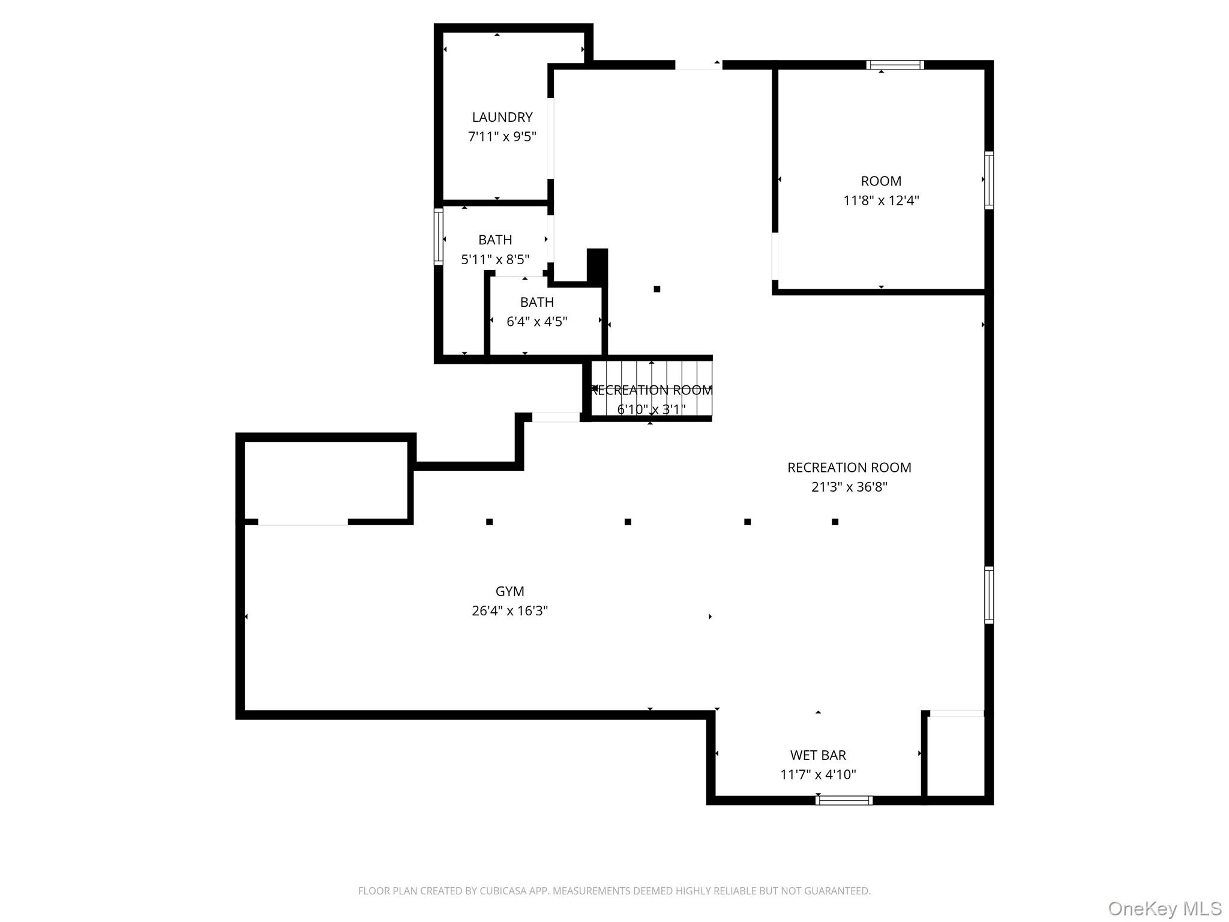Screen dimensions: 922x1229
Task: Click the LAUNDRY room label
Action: pyautogui.click(x=502, y=117)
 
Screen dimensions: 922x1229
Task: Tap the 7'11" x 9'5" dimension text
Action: pyautogui.click(x=502, y=137)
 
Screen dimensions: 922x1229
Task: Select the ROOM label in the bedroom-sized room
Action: pyautogui.click(x=880, y=181)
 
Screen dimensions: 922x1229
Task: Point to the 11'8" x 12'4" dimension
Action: pyautogui.click(x=880, y=200)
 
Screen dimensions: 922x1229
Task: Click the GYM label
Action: pyautogui.click(x=509, y=591)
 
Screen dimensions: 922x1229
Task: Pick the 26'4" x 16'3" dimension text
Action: pyautogui.click(x=509, y=611)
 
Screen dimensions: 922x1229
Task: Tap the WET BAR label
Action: pyautogui.click(x=817, y=755)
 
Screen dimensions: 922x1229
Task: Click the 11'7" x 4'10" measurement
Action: pyautogui.click(x=817, y=775)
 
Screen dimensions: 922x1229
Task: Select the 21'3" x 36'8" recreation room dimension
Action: pyautogui.click(x=849, y=487)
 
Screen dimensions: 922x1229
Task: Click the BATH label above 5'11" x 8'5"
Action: pyautogui.click(x=495, y=240)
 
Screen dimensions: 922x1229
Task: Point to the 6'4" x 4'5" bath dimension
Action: pyautogui.click(x=536, y=322)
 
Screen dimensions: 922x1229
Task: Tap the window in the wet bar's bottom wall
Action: pyautogui.click(x=844, y=800)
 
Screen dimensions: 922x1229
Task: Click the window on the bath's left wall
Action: pyautogui.click(x=439, y=237)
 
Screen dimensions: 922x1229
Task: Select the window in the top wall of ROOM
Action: pyautogui.click(x=894, y=65)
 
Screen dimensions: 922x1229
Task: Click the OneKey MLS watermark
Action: pyautogui.click(x=1164, y=909)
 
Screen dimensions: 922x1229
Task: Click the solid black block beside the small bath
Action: pyautogui.click(x=597, y=265)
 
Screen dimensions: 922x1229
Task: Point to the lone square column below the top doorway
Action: pyautogui.click(x=657, y=289)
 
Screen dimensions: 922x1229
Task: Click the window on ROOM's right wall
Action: pyautogui.click(x=988, y=180)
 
